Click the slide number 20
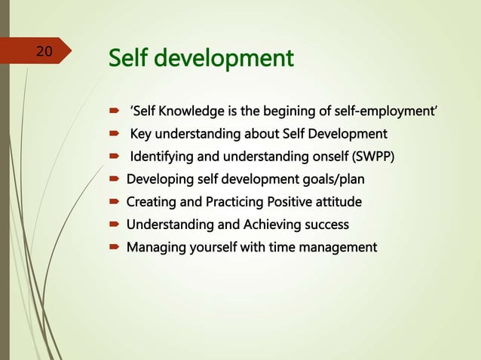click(44, 52)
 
